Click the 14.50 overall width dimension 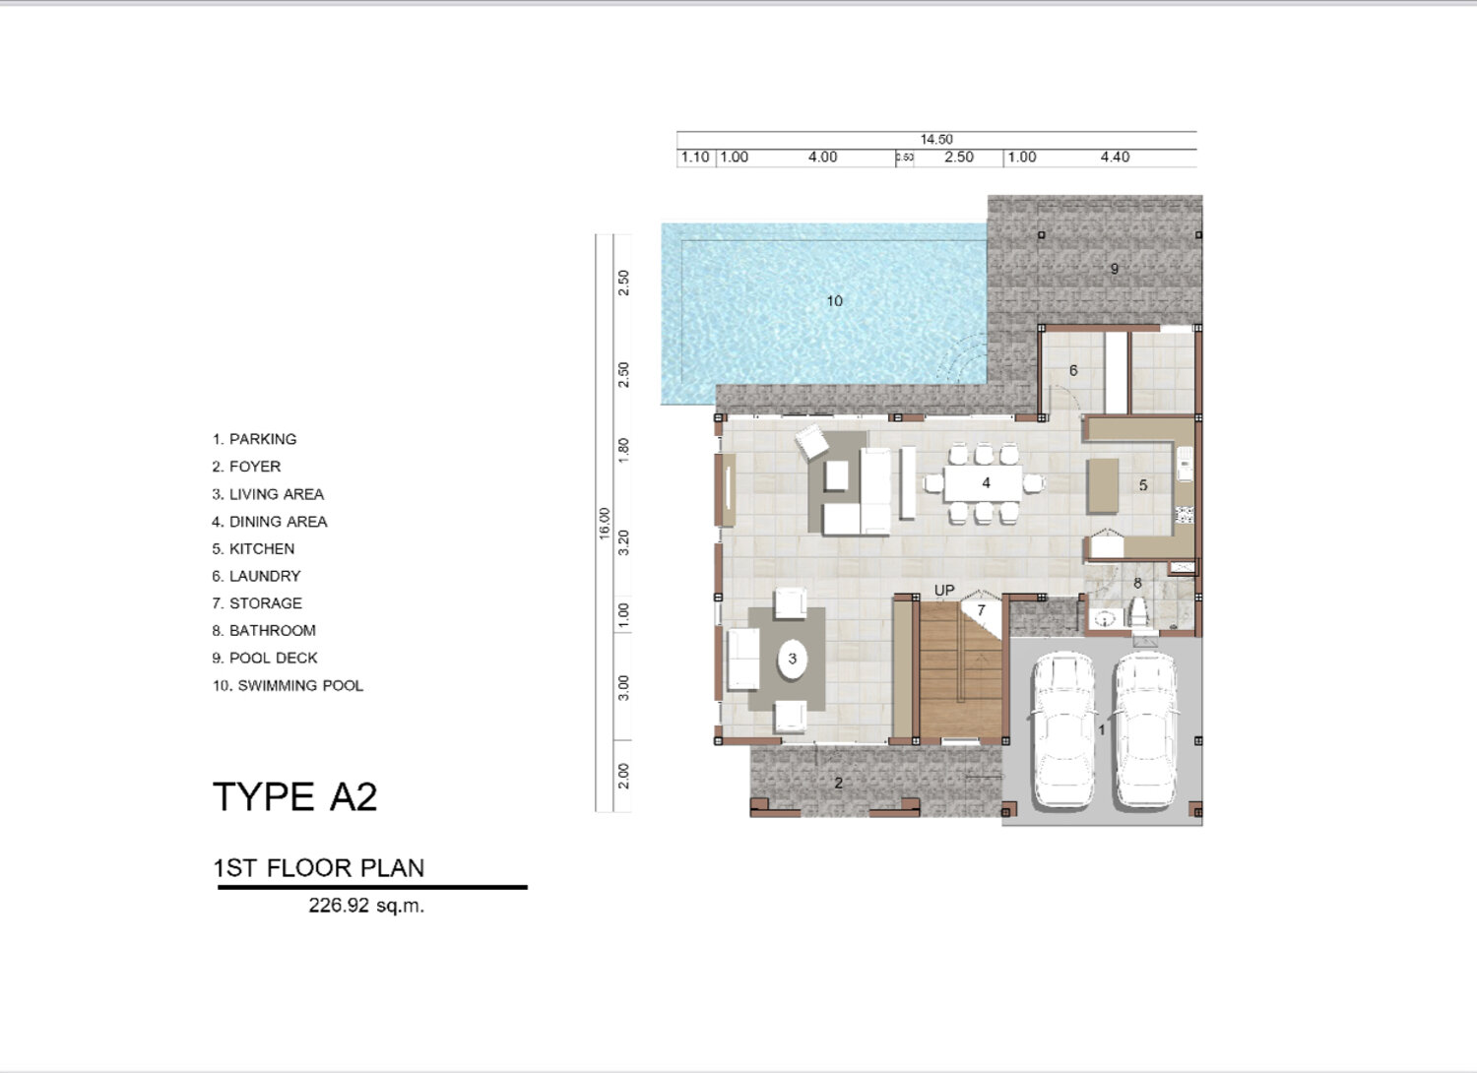pyautogui.click(x=936, y=139)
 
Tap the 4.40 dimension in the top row pyautogui.click(x=1115, y=157)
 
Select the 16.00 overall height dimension pyautogui.click(x=605, y=524)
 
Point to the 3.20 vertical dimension pyautogui.click(x=623, y=542)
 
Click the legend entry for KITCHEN pyautogui.click(x=253, y=548)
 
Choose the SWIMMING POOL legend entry pyautogui.click(x=288, y=685)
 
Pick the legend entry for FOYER pyautogui.click(x=246, y=466)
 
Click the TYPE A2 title pyautogui.click(x=294, y=796)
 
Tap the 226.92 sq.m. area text pyautogui.click(x=366, y=906)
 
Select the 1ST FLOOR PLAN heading pyautogui.click(x=319, y=868)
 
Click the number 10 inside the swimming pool pyautogui.click(x=835, y=301)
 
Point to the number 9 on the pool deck pyautogui.click(x=1115, y=268)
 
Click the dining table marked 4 pyautogui.click(x=983, y=483)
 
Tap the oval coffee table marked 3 pyautogui.click(x=792, y=659)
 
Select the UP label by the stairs pyautogui.click(x=944, y=590)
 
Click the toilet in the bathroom pyautogui.click(x=1138, y=611)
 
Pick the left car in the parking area pyautogui.click(x=1063, y=730)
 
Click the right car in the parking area pyautogui.click(x=1147, y=730)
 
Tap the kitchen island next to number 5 pyautogui.click(x=1103, y=486)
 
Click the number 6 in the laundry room pyautogui.click(x=1073, y=370)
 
